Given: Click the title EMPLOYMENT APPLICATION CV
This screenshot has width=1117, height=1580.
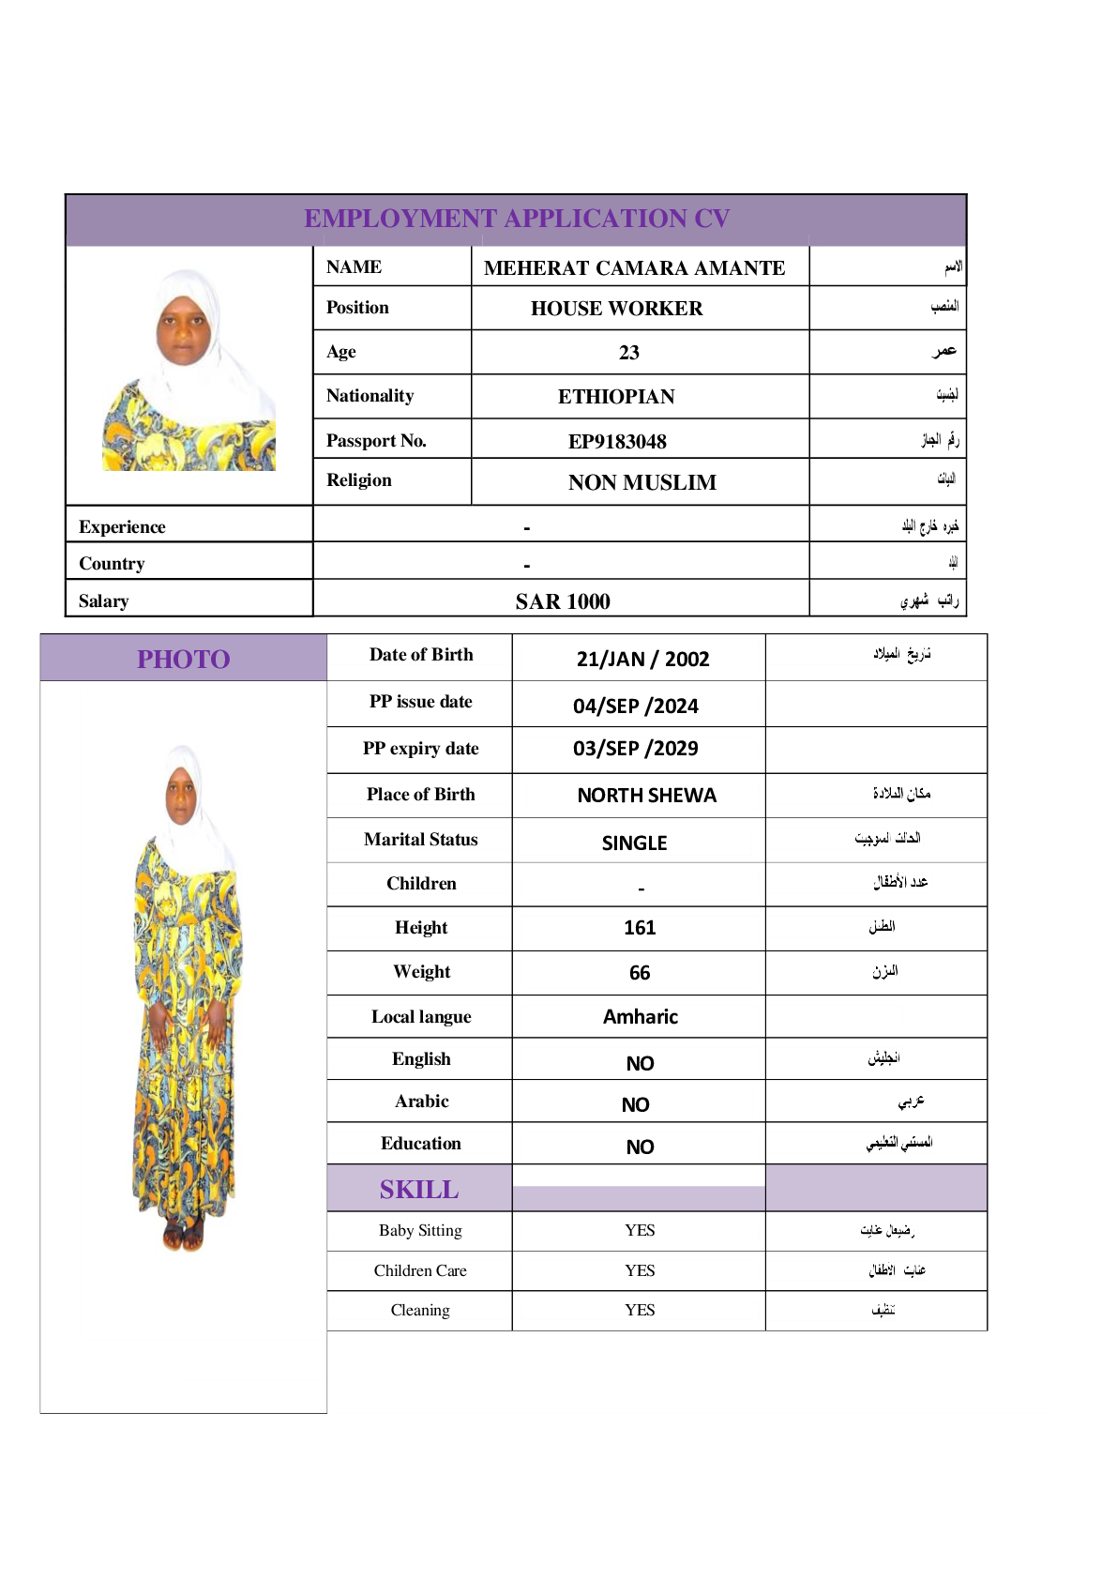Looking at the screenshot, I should [x=516, y=219].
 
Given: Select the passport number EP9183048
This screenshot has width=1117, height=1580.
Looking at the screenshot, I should [x=617, y=441].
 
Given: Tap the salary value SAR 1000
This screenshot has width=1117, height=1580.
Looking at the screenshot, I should [x=563, y=601].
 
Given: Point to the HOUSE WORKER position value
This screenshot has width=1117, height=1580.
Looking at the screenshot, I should [x=616, y=309].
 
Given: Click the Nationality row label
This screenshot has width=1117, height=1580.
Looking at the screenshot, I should [x=370, y=396].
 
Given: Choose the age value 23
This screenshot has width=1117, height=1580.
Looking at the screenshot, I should [x=628, y=353].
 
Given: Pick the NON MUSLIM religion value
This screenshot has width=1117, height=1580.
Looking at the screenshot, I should [x=642, y=482].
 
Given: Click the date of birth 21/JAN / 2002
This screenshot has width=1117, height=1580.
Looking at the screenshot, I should [x=642, y=659].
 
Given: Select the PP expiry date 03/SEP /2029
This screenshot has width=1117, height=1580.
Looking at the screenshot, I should [x=635, y=749].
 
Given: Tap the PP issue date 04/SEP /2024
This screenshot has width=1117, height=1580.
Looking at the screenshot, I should [x=635, y=706].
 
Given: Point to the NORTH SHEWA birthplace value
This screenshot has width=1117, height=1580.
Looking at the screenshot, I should [x=646, y=796].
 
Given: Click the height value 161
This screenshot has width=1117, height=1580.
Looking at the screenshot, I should [x=640, y=928].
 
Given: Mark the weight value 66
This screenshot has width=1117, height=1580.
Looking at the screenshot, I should [x=640, y=973].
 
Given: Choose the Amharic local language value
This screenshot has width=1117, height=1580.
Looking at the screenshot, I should [x=640, y=1017].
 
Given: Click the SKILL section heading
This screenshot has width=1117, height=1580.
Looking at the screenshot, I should [x=419, y=1190].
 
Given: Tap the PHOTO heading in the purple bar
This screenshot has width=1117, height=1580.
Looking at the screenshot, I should [x=184, y=659].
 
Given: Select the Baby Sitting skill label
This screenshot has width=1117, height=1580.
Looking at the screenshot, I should [x=420, y=1230].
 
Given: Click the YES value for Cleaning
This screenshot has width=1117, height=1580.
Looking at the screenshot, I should [x=640, y=1310].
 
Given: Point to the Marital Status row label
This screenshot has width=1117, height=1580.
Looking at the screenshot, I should [x=420, y=840].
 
